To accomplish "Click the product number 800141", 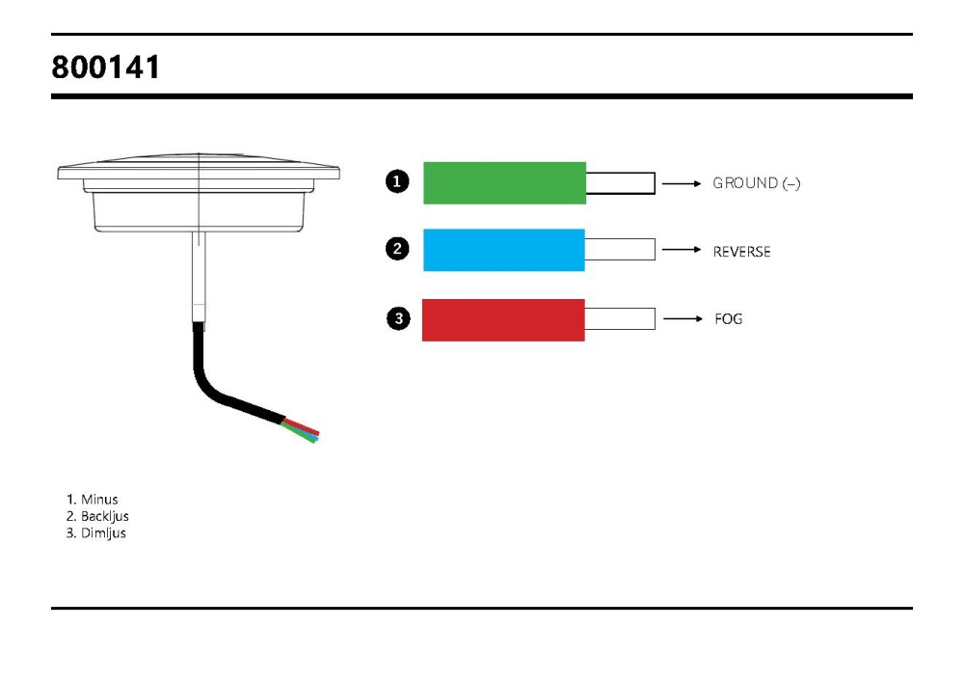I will [107, 68].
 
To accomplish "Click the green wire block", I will [504, 182].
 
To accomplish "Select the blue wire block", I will [504, 250].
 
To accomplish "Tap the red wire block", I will [503, 319].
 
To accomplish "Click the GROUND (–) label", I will [756, 183].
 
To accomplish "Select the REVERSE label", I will [741, 252].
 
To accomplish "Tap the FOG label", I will [729, 319].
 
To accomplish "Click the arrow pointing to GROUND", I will [682, 183].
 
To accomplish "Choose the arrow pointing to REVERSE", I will [682, 250].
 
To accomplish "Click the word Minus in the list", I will [99, 500].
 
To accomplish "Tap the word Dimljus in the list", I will [103, 532].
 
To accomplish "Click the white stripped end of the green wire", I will [620, 183].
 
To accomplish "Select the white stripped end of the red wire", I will [620, 319].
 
